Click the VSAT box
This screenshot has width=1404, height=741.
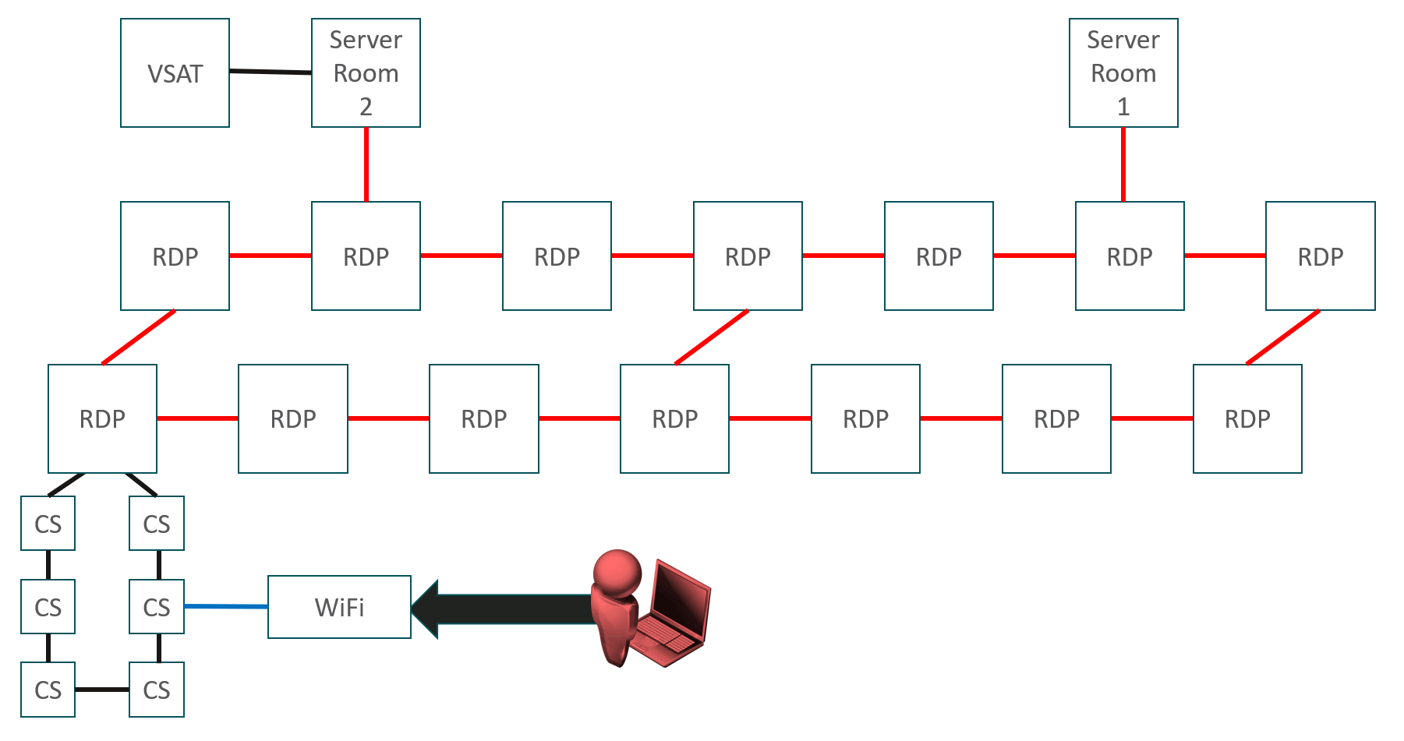coord(175,72)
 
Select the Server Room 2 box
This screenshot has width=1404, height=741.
coord(366,72)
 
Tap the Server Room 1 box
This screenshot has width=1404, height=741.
coord(1123,72)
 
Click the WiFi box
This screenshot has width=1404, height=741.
coord(339,607)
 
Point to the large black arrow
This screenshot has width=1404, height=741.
coord(503,609)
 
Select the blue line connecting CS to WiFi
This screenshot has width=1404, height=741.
coord(226,606)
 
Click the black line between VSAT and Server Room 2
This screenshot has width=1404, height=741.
coord(271,72)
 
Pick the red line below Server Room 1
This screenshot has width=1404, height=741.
coord(1123,164)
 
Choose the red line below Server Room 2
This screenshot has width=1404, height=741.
coord(366,164)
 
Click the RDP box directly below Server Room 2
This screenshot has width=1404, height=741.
coord(366,256)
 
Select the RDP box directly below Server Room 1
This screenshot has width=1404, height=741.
coord(1130,256)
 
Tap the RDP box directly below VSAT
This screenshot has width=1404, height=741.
coord(175,256)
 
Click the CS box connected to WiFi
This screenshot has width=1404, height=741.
coord(157,606)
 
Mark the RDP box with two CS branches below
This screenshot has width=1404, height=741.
coord(102,418)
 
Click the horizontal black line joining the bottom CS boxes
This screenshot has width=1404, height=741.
coord(102,690)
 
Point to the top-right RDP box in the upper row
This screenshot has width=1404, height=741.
coord(1321,256)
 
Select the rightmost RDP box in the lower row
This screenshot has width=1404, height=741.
coord(1247,418)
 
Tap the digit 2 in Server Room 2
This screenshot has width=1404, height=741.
coord(366,107)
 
